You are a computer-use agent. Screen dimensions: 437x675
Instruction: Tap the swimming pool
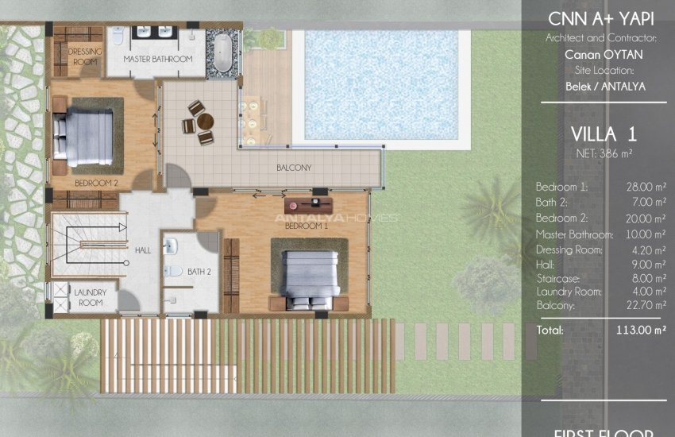point(383,83)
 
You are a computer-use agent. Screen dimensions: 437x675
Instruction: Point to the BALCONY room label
point(293,168)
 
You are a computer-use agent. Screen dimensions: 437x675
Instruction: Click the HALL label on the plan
point(143,250)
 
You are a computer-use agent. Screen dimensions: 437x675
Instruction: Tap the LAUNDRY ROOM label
point(90,297)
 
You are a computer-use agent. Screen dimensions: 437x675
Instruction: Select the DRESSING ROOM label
point(85,56)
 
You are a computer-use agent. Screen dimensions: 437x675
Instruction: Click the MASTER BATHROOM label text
point(158,60)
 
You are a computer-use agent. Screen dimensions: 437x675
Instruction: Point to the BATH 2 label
point(199,273)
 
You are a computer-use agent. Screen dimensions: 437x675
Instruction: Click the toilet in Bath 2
point(173,271)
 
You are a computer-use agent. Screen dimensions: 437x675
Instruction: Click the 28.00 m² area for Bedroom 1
point(646,187)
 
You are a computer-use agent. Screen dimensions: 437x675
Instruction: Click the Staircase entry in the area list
point(557,279)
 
